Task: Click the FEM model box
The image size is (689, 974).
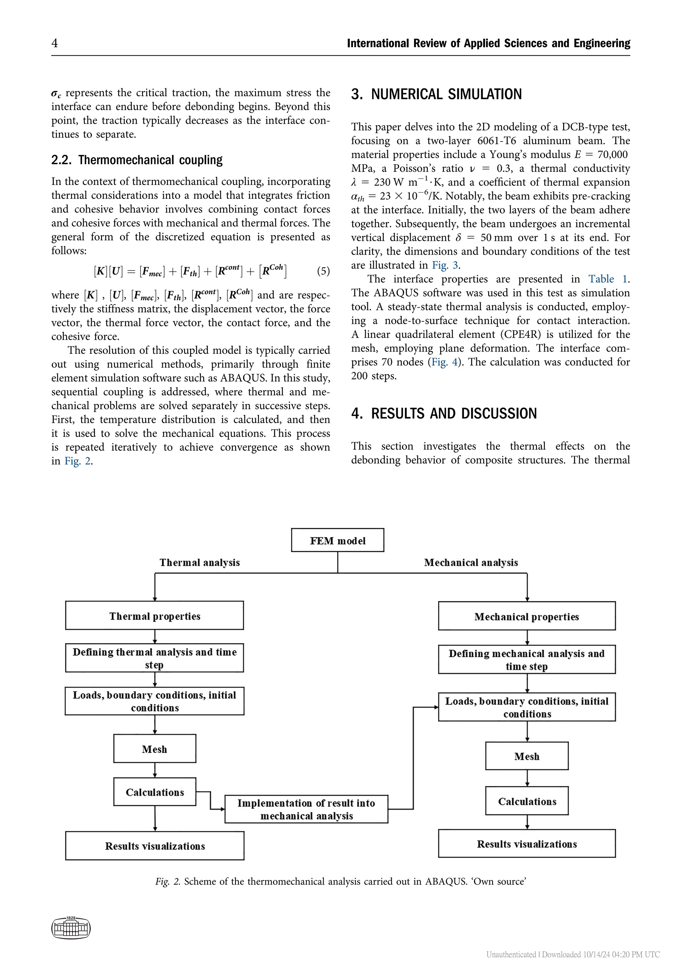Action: (337, 540)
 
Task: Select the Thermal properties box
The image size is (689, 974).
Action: (154, 615)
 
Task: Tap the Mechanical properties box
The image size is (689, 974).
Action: (527, 616)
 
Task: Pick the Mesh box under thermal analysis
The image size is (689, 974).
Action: (154, 749)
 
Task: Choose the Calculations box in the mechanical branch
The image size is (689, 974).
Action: (527, 801)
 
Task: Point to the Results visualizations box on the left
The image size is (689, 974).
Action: (154, 846)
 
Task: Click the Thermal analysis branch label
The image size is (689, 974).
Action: (200, 563)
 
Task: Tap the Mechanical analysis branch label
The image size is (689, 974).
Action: (471, 563)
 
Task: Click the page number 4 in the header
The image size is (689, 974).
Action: (55, 43)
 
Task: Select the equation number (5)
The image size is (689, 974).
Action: (323, 271)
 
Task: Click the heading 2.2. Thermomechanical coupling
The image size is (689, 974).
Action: (137, 160)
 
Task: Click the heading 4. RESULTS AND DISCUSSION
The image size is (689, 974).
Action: (444, 413)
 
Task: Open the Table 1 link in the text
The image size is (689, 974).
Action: (608, 279)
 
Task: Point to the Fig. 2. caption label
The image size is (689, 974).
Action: (168, 882)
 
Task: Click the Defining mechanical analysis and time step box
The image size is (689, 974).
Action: (527, 660)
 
